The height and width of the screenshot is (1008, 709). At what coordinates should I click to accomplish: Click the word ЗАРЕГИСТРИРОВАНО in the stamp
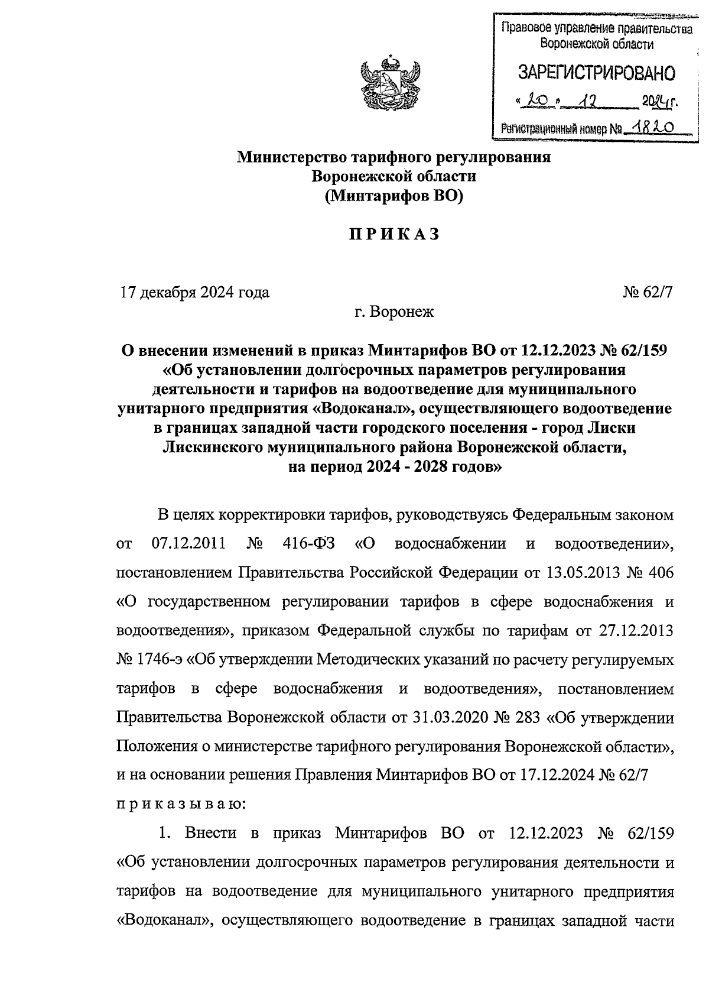[x=596, y=73]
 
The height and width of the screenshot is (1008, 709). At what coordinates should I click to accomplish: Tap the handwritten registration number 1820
[x=653, y=126]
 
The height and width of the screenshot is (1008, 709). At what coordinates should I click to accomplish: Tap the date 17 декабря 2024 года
[x=195, y=292]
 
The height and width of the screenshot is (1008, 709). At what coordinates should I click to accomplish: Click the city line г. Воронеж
[x=394, y=312]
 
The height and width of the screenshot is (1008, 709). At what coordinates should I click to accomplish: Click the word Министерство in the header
[x=291, y=157]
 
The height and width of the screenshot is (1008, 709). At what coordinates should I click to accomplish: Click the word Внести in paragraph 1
[x=210, y=834]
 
